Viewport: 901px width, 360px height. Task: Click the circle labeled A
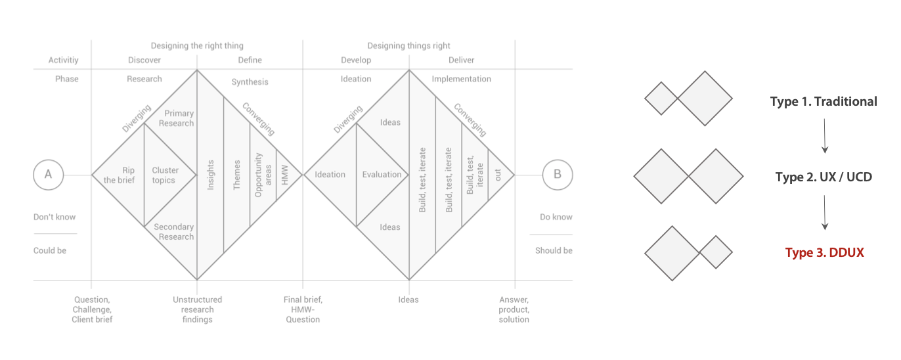48,175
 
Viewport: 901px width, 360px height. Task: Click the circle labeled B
558,175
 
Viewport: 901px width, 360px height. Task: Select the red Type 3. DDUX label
824,253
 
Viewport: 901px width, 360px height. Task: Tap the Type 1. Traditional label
824,102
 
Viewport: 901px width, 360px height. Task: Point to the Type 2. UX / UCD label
824,177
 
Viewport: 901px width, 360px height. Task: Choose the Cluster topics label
165,175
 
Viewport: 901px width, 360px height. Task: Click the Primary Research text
179,118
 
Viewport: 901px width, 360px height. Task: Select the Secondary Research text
173,232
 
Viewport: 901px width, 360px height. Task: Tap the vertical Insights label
211,175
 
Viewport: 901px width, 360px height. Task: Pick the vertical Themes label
237,175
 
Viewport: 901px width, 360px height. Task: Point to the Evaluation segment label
382,175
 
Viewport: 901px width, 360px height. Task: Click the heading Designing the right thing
197,46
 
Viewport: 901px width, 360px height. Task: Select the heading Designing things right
408,46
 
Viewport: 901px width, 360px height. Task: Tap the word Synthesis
250,82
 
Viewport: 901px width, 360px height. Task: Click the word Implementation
461,79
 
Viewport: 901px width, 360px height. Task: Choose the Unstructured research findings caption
197,309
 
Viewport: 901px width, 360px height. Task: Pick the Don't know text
55,217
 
